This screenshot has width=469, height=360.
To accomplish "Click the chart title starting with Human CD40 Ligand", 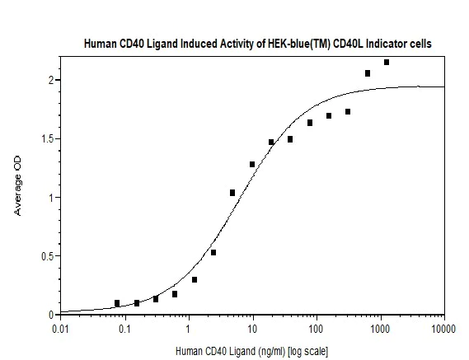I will click(258, 43).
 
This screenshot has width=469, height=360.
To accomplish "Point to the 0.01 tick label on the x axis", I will click(60, 330).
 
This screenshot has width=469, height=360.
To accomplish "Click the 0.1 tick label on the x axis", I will click(124, 330).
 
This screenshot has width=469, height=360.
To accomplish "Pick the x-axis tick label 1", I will click(189, 330).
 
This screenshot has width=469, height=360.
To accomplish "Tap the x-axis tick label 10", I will click(252, 330).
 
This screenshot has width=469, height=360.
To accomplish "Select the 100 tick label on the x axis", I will click(317, 330).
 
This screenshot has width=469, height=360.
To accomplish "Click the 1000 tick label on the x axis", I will click(380, 330).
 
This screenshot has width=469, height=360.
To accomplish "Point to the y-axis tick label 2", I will click(50, 80).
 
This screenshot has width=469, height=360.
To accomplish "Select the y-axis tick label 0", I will click(50, 315).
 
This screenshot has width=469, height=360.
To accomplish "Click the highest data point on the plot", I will click(387, 62).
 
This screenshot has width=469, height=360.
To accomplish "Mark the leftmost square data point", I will click(117, 303).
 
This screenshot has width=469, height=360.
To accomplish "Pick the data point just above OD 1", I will click(232, 193).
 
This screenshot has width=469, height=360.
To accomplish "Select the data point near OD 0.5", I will click(213, 252).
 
